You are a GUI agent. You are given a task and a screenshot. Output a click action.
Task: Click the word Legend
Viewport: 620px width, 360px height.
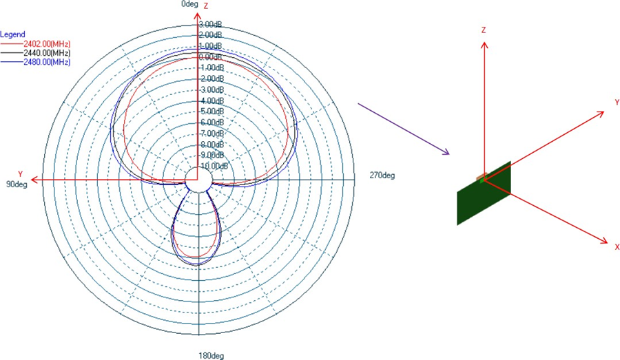[13, 34]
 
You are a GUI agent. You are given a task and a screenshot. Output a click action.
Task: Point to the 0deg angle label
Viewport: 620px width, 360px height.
[189, 4]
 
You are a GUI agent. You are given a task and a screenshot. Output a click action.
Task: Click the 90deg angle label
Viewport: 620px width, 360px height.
[17, 184]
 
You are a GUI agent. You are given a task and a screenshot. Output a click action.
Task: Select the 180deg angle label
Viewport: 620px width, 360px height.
[212, 355]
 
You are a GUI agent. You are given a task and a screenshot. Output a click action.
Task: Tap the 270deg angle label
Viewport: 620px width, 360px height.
[382, 175]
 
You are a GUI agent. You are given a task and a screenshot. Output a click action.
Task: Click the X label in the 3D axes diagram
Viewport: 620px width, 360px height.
[617, 246]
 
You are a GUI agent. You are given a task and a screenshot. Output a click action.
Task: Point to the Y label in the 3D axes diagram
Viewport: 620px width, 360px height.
[617, 102]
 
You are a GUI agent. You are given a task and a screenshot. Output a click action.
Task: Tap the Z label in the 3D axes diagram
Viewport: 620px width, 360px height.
[484, 30]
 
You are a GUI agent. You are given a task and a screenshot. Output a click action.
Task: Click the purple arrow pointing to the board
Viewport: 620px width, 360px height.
[404, 129]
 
